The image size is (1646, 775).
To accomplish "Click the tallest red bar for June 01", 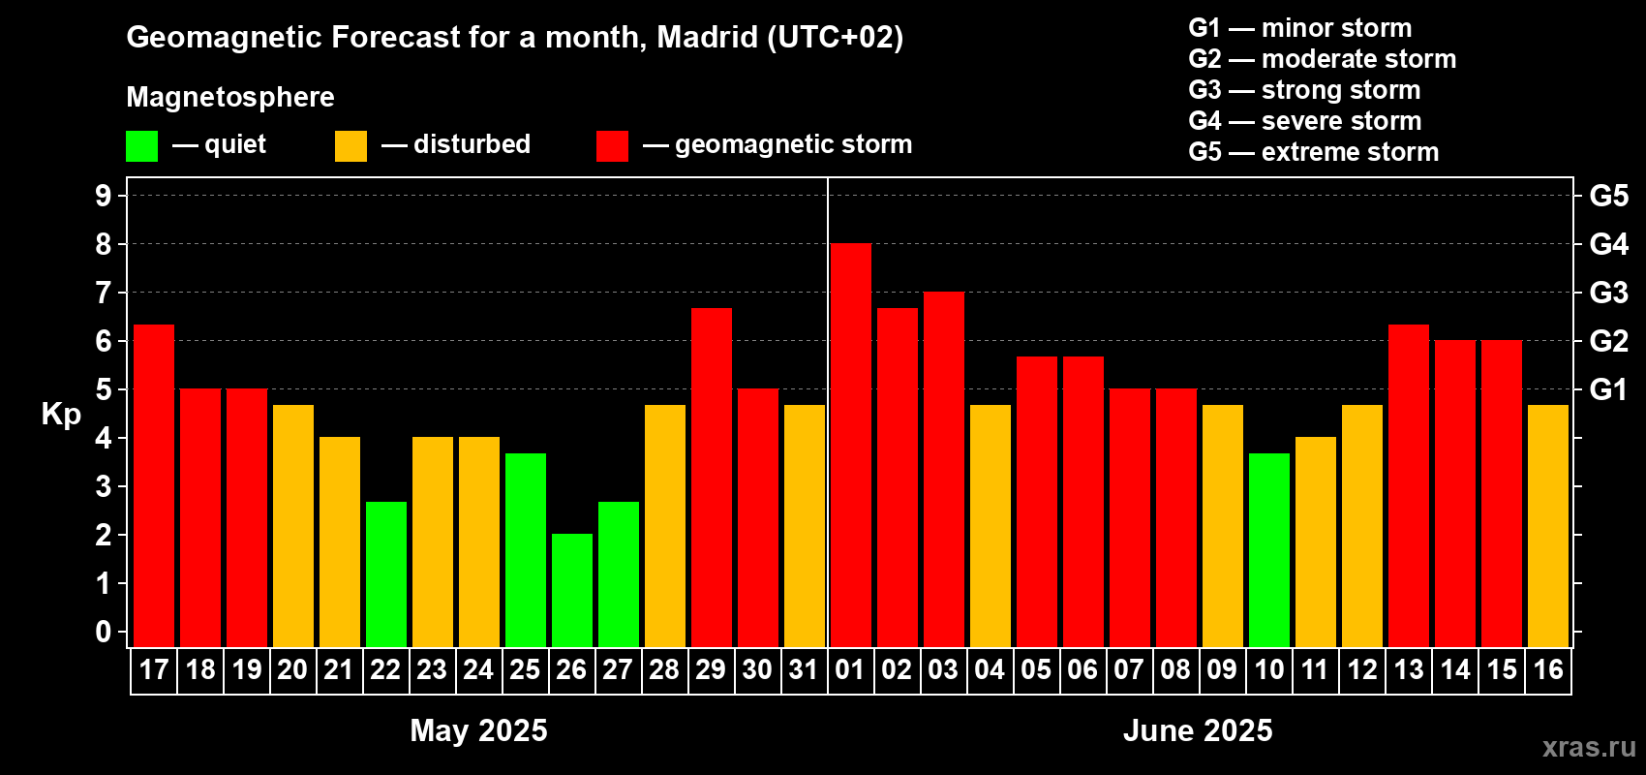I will click(x=850, y=445).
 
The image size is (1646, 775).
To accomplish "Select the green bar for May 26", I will click(x=571, y=590).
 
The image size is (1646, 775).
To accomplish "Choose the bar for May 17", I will click(x=153, y=485).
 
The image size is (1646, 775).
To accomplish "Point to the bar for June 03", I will click(x=943, y=469).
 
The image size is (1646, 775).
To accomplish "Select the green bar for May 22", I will click(x=385, y=573).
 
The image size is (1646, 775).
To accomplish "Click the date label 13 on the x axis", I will click(x=1408, y=669).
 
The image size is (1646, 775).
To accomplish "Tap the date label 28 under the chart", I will click(x=664, y=669).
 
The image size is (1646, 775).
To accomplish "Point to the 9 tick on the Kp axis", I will click(x=104, y=196).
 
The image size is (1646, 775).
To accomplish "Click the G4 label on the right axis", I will click(x=1608, y=244).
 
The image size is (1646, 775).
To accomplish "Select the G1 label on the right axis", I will click(x=1608, y=389).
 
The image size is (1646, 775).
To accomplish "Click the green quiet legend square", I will click(x=141, y=146).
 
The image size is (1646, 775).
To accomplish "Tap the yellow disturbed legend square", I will click(x=351, y=146).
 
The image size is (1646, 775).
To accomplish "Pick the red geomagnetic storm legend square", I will click(x=612, y=146).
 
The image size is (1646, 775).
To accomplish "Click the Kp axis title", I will click(x=61, y=415).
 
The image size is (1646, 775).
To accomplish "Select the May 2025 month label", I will click(x=478, y=730).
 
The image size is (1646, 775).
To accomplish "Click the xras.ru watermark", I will click(x=1589, y=747).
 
